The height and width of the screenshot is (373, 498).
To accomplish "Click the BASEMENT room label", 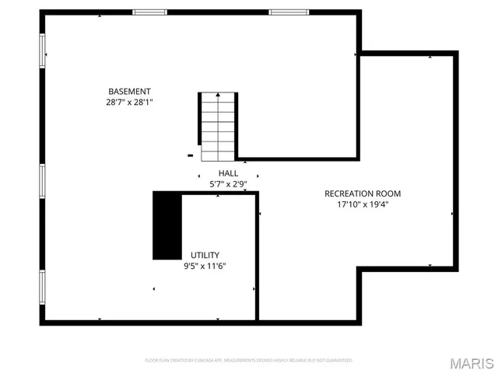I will click(x=129, y=91).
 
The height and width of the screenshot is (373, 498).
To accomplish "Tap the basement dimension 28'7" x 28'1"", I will click(x=129, y=102).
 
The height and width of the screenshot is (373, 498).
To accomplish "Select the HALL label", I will click(x=228, y=173).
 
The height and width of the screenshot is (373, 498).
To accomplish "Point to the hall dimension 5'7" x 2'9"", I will click(x=228, y=184).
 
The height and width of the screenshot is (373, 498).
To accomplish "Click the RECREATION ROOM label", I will click(x=363, y=193).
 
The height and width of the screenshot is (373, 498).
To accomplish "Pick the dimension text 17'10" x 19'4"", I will click(x=363, y=205).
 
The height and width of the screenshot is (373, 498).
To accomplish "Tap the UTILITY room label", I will click(x=205, y=255).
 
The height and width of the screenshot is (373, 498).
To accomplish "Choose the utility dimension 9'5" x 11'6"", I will click(x=205, y=266).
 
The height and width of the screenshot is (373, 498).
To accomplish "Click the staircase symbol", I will click(x=217, y=125).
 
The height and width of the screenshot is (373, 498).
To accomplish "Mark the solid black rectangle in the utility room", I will click(x=167, y=225).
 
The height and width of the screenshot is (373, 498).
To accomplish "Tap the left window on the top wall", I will click(x=149, y=12).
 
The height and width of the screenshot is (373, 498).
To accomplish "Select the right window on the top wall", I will click(x=286, y=12).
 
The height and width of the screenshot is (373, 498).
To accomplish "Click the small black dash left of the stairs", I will click(x=190, y=155).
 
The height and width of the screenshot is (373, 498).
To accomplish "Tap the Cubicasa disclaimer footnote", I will click(x=249, y=361).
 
